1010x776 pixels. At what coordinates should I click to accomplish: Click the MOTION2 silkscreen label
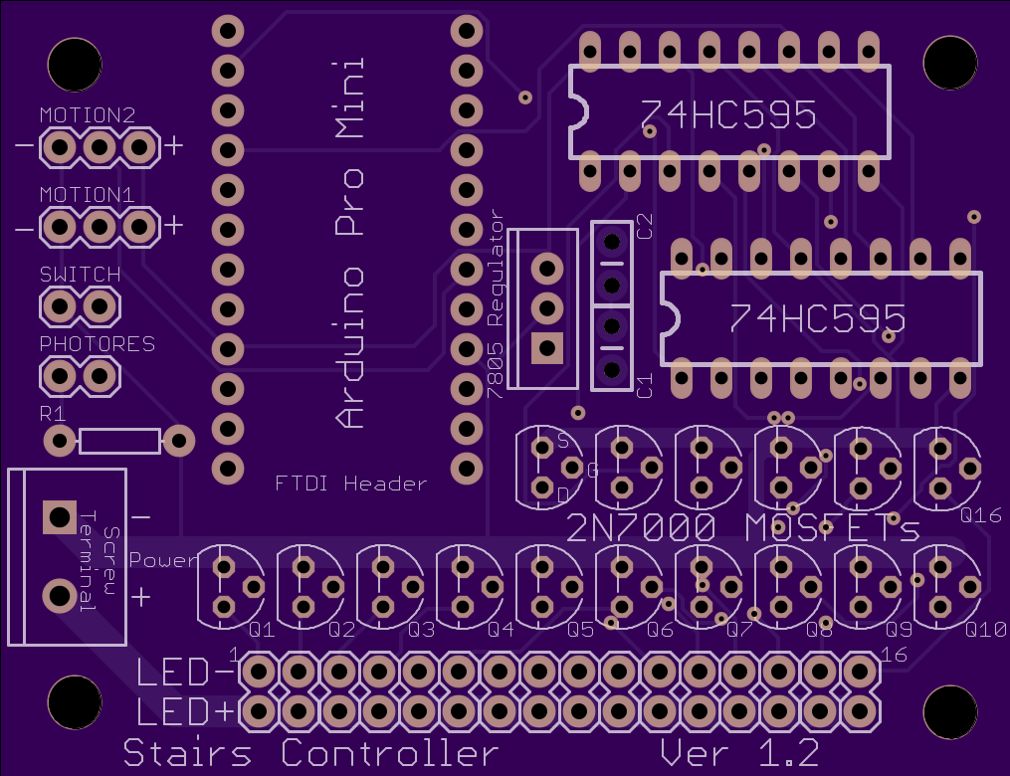[88, 115]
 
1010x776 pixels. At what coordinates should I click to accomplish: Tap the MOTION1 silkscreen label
[87, 194]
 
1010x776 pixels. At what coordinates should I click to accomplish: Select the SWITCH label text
[80, 275]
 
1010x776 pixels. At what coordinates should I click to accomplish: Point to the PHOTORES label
[98, 344]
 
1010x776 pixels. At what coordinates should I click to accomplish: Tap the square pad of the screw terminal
[60, 516]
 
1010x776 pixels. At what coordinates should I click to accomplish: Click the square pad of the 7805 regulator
[547, 348]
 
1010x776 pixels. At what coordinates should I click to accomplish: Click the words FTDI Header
[350, 483]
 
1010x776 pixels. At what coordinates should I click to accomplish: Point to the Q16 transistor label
[980, 515]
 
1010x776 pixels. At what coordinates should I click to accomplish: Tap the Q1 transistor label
[262, 629]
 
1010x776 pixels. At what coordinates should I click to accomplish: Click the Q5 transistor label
[580, 629]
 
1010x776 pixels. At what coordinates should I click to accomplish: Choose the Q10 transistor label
[985, 629]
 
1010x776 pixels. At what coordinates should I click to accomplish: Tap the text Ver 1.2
[740, 753]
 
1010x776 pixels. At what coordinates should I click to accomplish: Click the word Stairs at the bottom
[187, 753]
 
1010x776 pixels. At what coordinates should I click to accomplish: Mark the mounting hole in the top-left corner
[75, 65]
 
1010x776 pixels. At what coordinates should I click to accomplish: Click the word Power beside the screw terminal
[163, 560]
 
